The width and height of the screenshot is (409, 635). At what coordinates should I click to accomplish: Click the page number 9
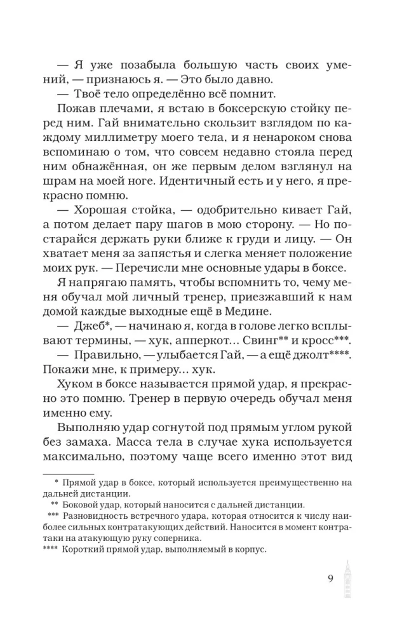coord(331,578)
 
